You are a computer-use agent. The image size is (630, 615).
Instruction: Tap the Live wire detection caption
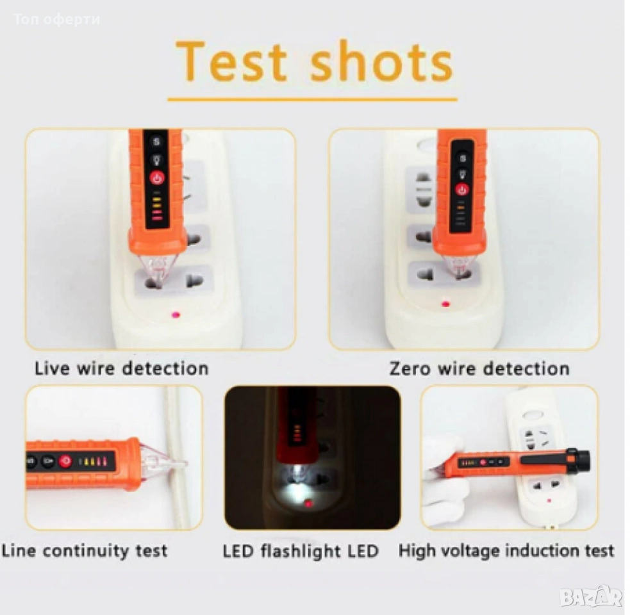[x=122, y=368]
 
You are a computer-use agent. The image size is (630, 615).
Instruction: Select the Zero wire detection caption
[x=479, y=368]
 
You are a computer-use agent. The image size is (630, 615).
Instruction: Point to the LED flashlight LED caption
[x=301, y=550]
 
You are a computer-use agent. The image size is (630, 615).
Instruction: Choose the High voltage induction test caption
[x=506, y=550]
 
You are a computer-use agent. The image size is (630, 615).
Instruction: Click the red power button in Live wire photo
[x=157, y=178]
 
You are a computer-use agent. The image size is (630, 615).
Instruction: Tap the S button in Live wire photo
[x=156, y=142]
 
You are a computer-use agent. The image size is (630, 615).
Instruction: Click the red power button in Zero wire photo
[x=462, y=189]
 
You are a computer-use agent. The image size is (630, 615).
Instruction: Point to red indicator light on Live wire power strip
[x=176, y=315]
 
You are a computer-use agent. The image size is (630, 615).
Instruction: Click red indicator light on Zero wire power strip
[x=445, y=304]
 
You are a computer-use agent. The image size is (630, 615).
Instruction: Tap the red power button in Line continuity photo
[x=65, y=461]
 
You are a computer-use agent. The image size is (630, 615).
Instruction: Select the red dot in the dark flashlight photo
[x=309, y=504]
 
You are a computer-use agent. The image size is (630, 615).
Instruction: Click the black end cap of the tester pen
[x=581, y=459]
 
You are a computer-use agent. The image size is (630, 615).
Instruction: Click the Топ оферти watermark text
[x=56, y=19]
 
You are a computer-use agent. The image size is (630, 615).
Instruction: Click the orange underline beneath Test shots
[x=313, y=99]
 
